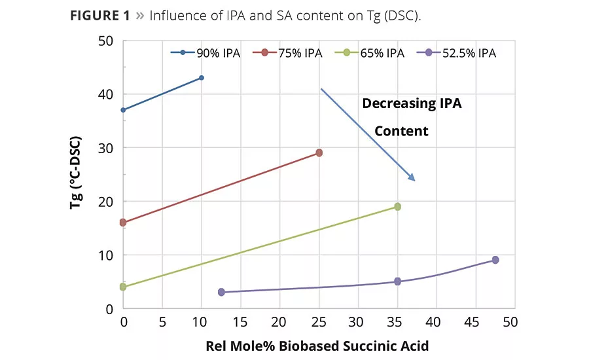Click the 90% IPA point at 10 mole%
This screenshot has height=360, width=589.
click(202, 78)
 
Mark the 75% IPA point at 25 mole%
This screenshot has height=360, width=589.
click(319, 153)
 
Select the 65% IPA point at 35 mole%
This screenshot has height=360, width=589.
click(397, 207)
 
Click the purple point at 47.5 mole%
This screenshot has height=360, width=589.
click(495, 260)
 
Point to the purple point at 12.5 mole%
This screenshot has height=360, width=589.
click(221, 292)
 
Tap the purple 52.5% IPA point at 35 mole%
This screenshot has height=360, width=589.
click(397, 281)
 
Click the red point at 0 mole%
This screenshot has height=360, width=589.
click(123, 223)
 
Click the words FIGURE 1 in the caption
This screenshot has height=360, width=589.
click(99, 16)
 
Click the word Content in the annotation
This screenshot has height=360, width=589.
click(401, 131)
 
